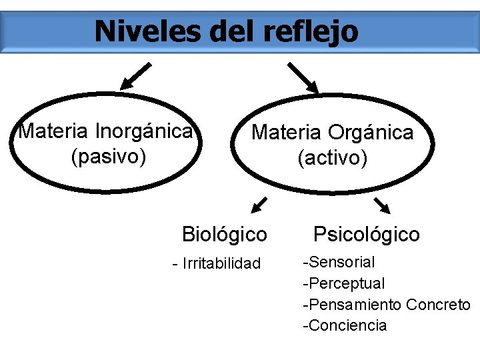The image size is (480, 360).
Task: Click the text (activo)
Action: (x=332, y=159)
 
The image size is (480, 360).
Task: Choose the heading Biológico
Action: (x=225, y=235)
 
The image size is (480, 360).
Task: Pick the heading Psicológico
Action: (x=367, y=235)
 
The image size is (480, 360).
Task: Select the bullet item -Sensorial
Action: (x=339, y=261)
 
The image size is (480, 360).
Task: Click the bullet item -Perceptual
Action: (x=344, y=283)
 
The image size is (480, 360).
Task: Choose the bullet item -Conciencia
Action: (x=345, y=325)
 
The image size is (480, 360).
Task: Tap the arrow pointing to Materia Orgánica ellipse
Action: (x=303, y=77)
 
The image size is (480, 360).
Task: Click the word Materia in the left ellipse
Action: (x=55, y=130)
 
